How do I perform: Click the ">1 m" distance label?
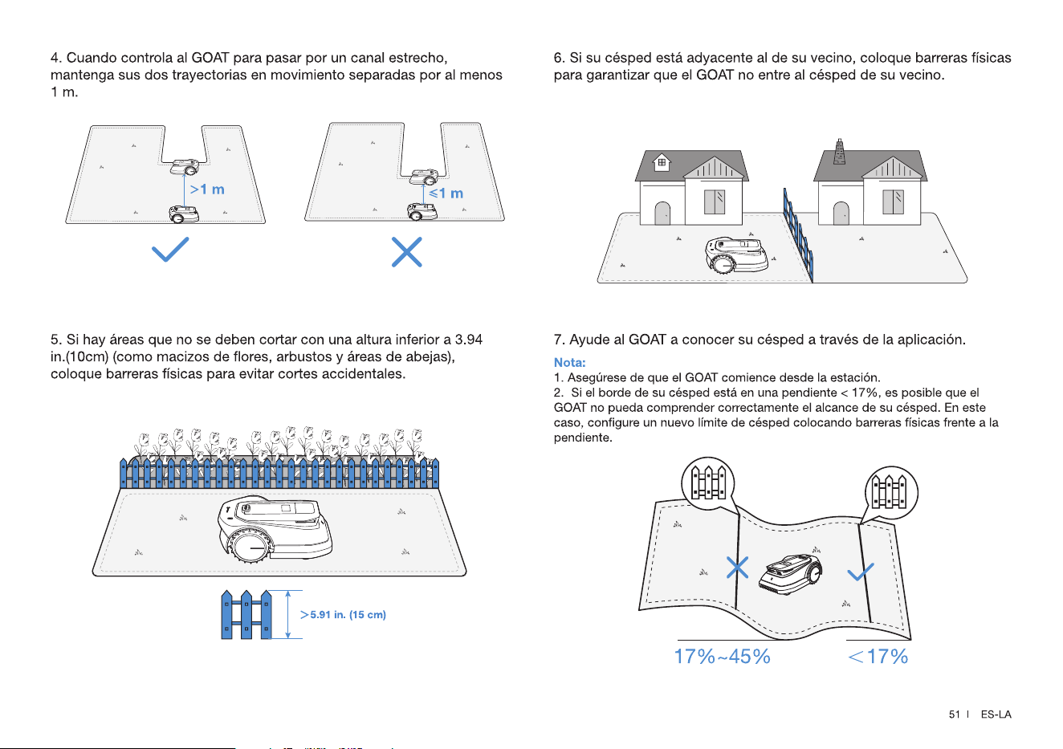coord(207,189)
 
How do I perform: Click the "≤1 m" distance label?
coord(446,193)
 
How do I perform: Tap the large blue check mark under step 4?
coord(170,249)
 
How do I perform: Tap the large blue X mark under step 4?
coord(407,252)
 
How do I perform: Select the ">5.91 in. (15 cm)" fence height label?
coord(343,615)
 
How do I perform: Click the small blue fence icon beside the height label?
coord(246,615)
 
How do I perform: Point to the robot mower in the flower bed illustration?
coord(275,530)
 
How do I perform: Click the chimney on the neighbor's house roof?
coord(840,152)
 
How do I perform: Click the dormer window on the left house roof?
coord(662,162)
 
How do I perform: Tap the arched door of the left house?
coord(662,213)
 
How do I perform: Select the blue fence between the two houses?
coord(798,234)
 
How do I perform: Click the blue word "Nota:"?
coord(569,363)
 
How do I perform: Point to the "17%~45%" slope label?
coord(723,657)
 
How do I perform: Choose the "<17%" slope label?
coord(878,657)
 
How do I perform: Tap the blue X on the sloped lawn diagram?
coord(737,568)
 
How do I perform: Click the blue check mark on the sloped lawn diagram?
coord(861,572)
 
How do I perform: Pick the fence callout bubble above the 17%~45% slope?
coord(708,483)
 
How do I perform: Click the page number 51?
coord(955,714)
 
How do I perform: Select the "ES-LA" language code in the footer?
coord(996,714)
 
